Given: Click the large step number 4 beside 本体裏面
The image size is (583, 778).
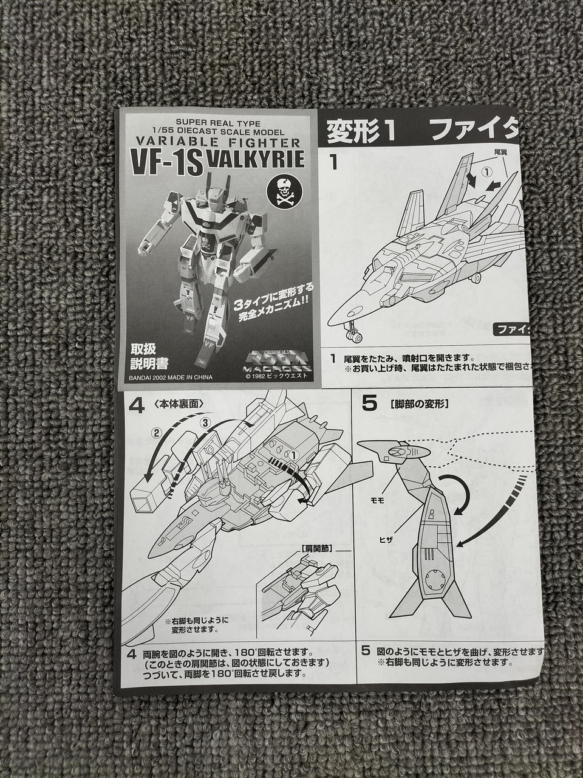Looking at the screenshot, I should coord(137,405).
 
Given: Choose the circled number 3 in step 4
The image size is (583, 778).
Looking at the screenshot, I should coord(205,422).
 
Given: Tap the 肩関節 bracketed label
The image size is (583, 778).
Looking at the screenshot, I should coord(316,548).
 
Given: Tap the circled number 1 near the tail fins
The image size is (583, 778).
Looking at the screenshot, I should coord(486,172).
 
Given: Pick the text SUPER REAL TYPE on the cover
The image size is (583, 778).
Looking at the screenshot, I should coord(217,122).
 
